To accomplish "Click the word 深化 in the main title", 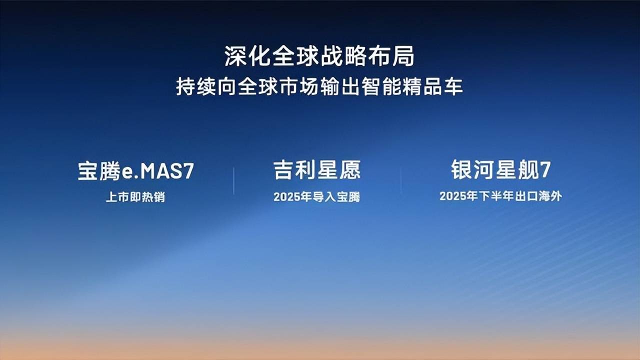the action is click(x=247, y=56).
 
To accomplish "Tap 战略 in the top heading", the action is click(x=343, y=56).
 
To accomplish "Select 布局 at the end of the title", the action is click(x=391, y=56).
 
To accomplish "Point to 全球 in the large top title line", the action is click(x=295, y=56).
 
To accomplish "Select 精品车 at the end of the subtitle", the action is click(x=433, y=86).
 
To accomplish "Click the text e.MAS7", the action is click(x=158, y=171).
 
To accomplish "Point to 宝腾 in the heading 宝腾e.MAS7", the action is click(x=99, y=171).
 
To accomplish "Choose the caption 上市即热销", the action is click(x=135, y=197).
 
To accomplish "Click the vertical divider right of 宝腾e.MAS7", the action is click(x=233, y=181).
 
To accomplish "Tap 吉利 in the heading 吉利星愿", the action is click(x=295, y=170).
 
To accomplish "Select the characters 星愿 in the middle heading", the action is click(x=339, y=170).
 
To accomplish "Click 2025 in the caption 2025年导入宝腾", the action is click(x=286, y=197).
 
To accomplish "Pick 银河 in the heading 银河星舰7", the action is click(x=473, y=169).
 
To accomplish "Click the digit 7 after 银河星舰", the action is click(x=545, y=170).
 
